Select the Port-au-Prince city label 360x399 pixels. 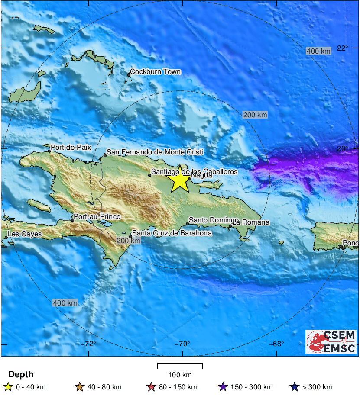[x=97, y=217]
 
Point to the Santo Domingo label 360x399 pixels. [x=214, y=220]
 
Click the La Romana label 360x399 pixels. [x=251, y=222]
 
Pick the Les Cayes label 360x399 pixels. [x=25, y=234]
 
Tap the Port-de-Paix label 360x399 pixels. [x=71, y=147]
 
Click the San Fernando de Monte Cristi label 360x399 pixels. [x=155, y=152]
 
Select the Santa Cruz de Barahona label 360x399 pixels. [x=172, y=233]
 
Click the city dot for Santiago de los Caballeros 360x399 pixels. [x=149, y=175]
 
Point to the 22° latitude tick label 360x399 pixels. [x=343, y=48]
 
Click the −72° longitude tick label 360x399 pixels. [x=90, y=344]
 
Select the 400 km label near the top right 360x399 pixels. [x=318, y=51]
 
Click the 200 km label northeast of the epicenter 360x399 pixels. [x=255, y=115]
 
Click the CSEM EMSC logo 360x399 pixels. [x=331, y=342]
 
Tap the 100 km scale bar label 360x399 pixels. [x=180, y=375]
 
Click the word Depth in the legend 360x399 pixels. [x=21, y=375]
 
